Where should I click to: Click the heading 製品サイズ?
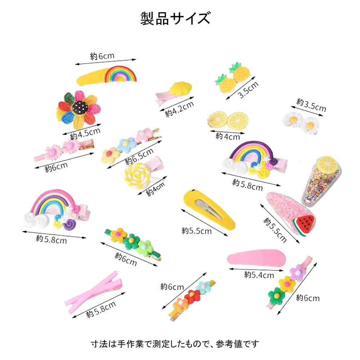point(175,18)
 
